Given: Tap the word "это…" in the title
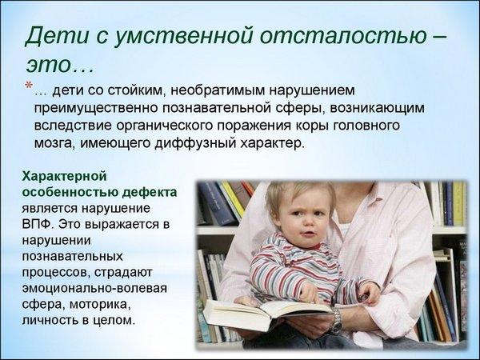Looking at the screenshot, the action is click(x=59, y=64).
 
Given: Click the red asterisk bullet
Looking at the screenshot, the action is click(x=29, y=86).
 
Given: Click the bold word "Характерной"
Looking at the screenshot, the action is click(x=64, y=177).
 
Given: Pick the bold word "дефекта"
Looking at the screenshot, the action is click(x=150, y=192).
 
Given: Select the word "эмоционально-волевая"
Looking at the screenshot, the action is click(x=94, y=289).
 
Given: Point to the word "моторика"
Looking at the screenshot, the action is click(x=100, y=305).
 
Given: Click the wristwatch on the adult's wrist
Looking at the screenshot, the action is click(x=336, y=320).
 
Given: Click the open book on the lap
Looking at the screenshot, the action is click(x=266, y=314).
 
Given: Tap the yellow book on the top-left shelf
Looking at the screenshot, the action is click(x=232, y=198).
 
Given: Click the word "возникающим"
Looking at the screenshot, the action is click(x=377, y=109).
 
